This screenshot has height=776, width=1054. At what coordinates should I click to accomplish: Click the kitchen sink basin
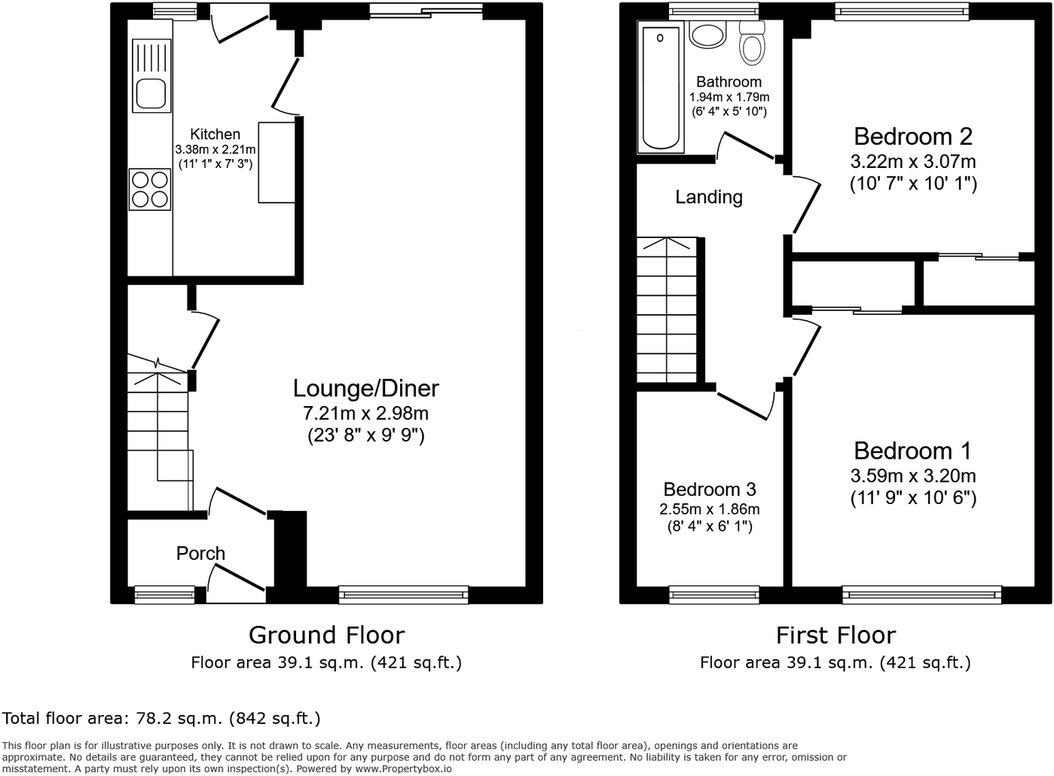click(x=151, y=93)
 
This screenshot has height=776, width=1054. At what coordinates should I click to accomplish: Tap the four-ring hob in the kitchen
click(x=150, y=189)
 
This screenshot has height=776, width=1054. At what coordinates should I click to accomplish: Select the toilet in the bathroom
click(x=752, y=43)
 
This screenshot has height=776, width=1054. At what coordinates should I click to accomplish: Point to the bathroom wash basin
click(x=707, y=33)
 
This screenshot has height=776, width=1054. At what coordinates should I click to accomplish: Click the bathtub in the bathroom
click(x=661, y=87)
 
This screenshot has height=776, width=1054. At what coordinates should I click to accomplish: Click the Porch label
click(x=200, y=554)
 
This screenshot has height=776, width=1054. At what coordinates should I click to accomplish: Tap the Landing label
click(x=709, y=197)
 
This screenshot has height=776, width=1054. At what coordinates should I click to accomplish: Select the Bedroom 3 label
click(x=710, y=490)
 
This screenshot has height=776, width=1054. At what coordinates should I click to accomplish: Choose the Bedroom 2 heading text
click(x=913, y=136)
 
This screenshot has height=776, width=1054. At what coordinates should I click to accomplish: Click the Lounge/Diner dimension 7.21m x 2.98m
click(x=365, y=413)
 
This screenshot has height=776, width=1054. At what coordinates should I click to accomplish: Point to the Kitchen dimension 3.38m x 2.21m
click(x=215, y=150)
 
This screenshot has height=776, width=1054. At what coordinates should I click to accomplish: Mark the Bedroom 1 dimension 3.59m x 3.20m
click(x=913, y=475)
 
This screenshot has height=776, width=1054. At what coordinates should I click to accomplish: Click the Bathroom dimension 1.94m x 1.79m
click(x=729, y=97)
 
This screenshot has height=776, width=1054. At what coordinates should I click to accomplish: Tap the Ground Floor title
click(x=326, y=635)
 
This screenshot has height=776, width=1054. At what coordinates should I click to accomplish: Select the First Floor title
click(x=836, y=635)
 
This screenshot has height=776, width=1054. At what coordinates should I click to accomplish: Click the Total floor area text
click(x=161, y=719)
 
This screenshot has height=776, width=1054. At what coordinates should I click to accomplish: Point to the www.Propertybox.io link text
click(x=403, y=769)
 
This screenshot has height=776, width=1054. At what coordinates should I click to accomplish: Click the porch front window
click(x=165, y=595)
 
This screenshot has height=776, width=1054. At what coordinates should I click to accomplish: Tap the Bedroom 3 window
click(x=714, y=595)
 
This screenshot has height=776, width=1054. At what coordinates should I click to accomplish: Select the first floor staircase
click(x=667, y=310)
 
